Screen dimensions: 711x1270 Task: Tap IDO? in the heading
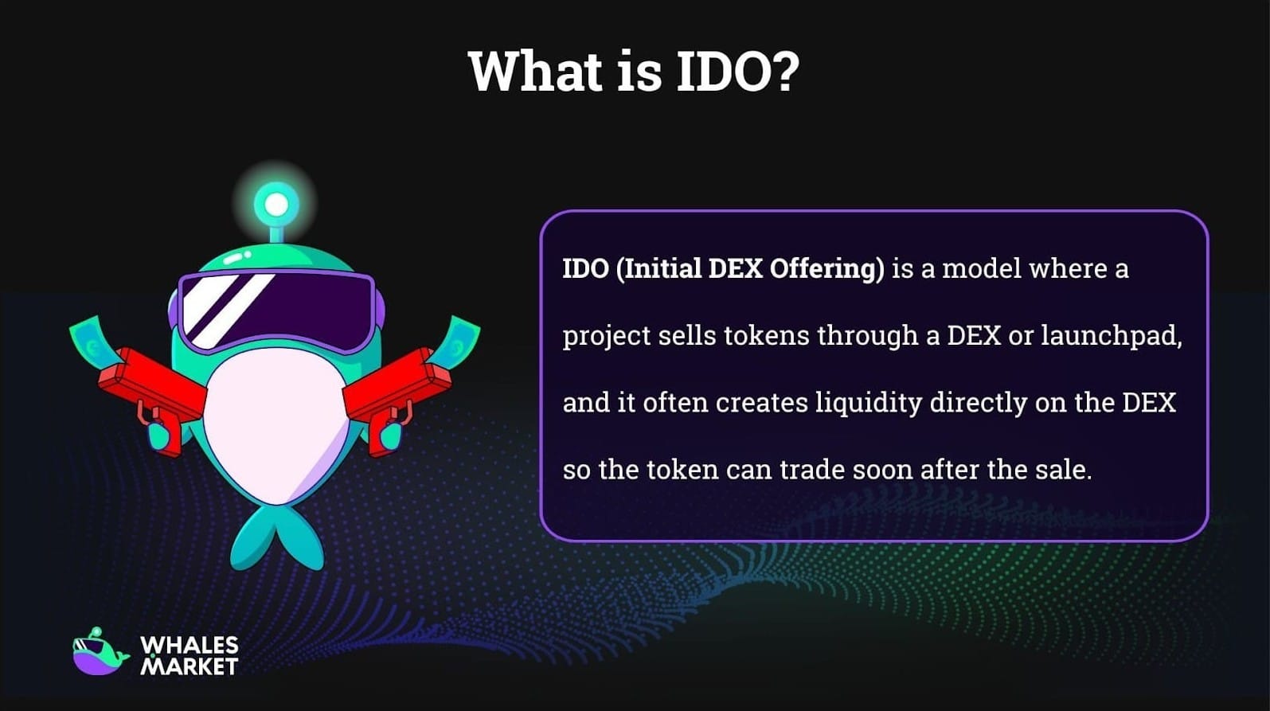[737, 72]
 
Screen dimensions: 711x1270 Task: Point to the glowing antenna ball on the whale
[276, 205]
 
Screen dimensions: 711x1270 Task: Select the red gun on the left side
[151, 390]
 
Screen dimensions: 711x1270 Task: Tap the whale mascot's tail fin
[277, 537]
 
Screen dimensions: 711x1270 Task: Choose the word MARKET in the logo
[189, 666]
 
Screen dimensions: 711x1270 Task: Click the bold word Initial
[660, 268]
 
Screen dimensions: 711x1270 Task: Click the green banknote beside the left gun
[92, 338]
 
